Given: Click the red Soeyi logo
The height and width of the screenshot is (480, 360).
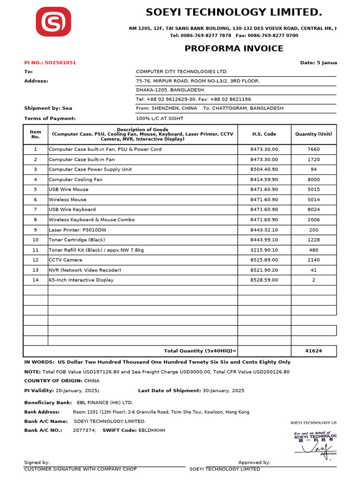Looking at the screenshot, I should (53, 22).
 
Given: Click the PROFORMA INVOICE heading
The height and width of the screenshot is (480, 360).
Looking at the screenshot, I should (233, 48).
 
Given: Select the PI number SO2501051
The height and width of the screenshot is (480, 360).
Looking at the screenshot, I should (60, 63).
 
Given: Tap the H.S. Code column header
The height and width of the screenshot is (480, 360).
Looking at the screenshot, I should (264, 134).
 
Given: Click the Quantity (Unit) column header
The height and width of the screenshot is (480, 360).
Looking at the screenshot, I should (314, 134).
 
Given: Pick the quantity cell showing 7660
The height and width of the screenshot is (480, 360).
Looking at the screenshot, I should (314, 150).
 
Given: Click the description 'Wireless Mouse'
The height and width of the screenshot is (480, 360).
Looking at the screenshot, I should (67, 200).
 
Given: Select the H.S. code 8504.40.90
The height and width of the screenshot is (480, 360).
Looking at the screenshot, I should (264, 170).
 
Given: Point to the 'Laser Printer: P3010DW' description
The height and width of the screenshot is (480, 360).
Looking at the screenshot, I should (77, 230).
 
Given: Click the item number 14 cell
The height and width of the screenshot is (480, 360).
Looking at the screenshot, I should (35, 280).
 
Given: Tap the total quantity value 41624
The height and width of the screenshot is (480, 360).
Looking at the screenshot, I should (314, 351).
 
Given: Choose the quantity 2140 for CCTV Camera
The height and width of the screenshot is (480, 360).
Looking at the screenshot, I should (314, 260).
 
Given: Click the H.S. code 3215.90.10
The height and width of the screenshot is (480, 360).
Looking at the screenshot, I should (264, 250).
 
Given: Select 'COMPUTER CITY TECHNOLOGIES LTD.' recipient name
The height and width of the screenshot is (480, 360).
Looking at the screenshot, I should (181, 72).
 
